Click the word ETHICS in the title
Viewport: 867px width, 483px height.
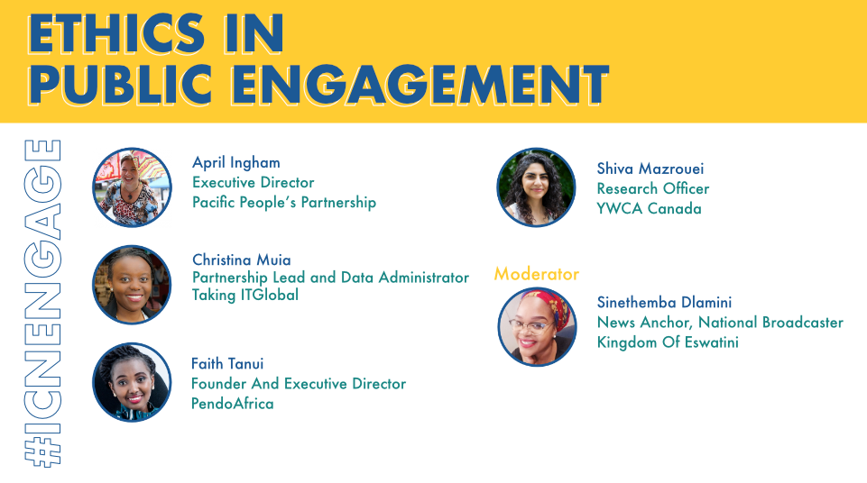point(116,33)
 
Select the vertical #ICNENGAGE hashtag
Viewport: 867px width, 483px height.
point(42,303)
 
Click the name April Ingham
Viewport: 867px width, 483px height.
point(236,163)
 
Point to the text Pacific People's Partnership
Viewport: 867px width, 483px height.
point(284,203)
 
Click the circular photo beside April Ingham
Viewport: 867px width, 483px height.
point(132,187)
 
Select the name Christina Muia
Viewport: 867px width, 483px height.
point(242,260)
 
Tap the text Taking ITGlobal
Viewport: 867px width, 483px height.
point(245,296)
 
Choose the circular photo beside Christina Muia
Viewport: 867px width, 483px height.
point(132,285)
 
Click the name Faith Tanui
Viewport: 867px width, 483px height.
point(227,364)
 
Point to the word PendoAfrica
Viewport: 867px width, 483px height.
point(232,404)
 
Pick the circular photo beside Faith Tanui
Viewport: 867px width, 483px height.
point(132,383)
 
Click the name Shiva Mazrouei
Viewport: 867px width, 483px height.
point(650,169)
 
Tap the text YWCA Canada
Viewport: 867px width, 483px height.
point(650,209)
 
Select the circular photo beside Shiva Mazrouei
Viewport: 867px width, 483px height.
point(536,187)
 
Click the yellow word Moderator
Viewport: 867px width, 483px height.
point(536,274)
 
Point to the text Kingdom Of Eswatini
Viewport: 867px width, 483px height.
point(668,342)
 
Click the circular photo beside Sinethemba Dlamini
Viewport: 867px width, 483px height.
point(537,327)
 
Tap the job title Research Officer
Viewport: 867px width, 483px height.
point(652,188)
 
